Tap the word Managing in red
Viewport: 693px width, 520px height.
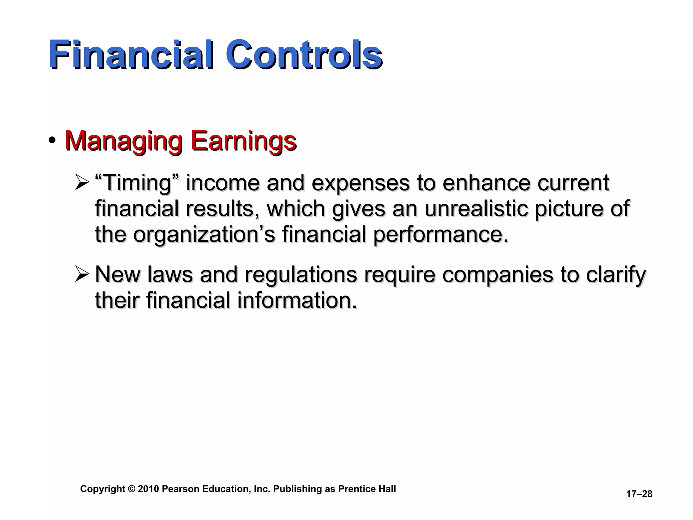(124, 141)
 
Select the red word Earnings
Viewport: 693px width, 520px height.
(243, 141)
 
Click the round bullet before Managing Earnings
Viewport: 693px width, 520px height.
(52, 140)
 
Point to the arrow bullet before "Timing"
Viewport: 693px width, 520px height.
(82, 183)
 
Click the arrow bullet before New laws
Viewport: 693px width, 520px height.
(82, 275)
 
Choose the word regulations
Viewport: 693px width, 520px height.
(300, 275)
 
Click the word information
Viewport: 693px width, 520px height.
(297, 300)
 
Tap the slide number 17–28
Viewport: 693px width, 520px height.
(639, 494)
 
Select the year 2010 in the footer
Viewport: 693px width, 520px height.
(148, 489)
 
